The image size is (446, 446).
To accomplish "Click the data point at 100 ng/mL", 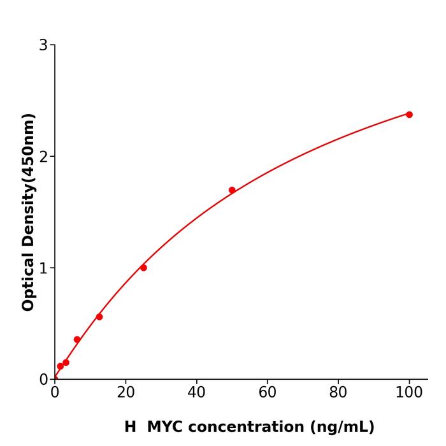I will (x=409, y=115).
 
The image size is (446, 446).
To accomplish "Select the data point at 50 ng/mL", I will (x=232, y=190).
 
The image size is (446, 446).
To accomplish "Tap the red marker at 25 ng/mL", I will (x=143, y=268).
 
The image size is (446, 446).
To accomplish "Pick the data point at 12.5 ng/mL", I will (x=99, y=317).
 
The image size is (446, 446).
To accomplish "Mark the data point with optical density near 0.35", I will (x=77, y=340).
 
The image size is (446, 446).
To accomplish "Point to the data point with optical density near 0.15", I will (x=66, y=363).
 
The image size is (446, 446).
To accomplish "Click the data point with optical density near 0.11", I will (x=61, y=366).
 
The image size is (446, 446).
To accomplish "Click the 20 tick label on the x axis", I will (x=126, y=393).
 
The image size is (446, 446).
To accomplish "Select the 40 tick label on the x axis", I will (x=196, y=393).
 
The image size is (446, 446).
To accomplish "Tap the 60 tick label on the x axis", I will (x=268, y=393).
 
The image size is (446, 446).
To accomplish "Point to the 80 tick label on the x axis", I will (x=338, y=393).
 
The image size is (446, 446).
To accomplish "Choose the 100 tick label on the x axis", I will (x=409, y=393).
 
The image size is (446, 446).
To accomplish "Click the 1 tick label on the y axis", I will (x=43, y=268).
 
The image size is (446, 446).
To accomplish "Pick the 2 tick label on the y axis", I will (x=43, y=157).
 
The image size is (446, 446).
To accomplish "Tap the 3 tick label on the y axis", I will (x=43, y=45).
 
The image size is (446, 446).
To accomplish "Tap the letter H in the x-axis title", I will (x=130, y=427).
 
